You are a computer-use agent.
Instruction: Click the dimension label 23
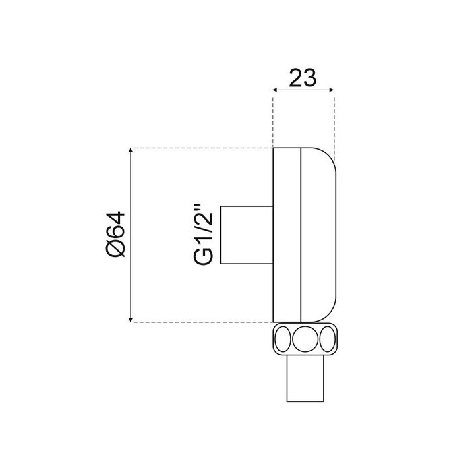pyautogui.click(x=303, y=78)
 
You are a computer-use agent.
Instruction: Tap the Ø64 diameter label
pyautogui.click(x=115, y=234)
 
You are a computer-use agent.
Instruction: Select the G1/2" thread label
pyautogui.click(x=203, y=235)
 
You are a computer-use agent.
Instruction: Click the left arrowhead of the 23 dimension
pyautogui.click(x=275, y=90)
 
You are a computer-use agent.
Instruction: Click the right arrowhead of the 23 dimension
pyautogui.click(x=332, y=90)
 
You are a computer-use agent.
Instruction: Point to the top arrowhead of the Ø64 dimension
pyautogui.click(x=131, y=150)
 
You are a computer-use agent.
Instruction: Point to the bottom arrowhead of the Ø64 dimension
pyautogui.click(x=131, y=320)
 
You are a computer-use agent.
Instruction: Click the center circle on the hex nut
pyautogui.click(x=305, y=339)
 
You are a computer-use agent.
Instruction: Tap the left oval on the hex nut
pyautogui.click(x=283, y=339)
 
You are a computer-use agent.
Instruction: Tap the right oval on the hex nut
pyautogui.click(x=328, y=339)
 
